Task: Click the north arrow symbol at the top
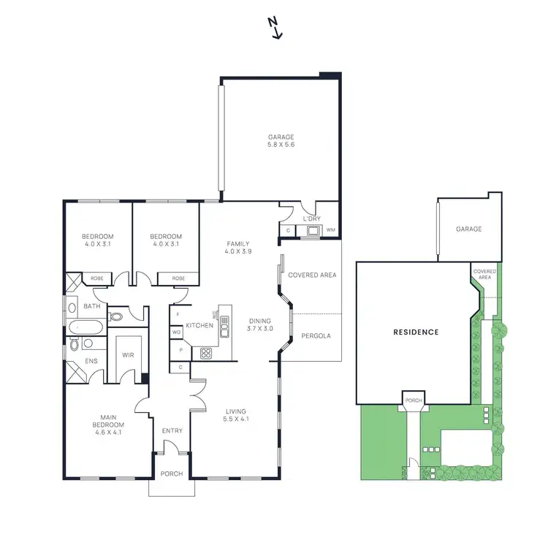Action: click(275, 28)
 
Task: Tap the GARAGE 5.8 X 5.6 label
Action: click(281, 140)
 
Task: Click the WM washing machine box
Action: click(331, 231)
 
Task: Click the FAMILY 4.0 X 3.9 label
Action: click(238, 248)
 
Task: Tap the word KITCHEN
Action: click(199, 325)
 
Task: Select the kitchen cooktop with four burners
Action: click(206, 353)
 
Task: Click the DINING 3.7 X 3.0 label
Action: click(260, 324)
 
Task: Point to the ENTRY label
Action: click(172, 431)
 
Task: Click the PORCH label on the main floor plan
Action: click(171, 474)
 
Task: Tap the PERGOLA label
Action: click(316, 336)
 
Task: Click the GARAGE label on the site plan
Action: click(469, 229)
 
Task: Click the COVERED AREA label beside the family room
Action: click(312, 275)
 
